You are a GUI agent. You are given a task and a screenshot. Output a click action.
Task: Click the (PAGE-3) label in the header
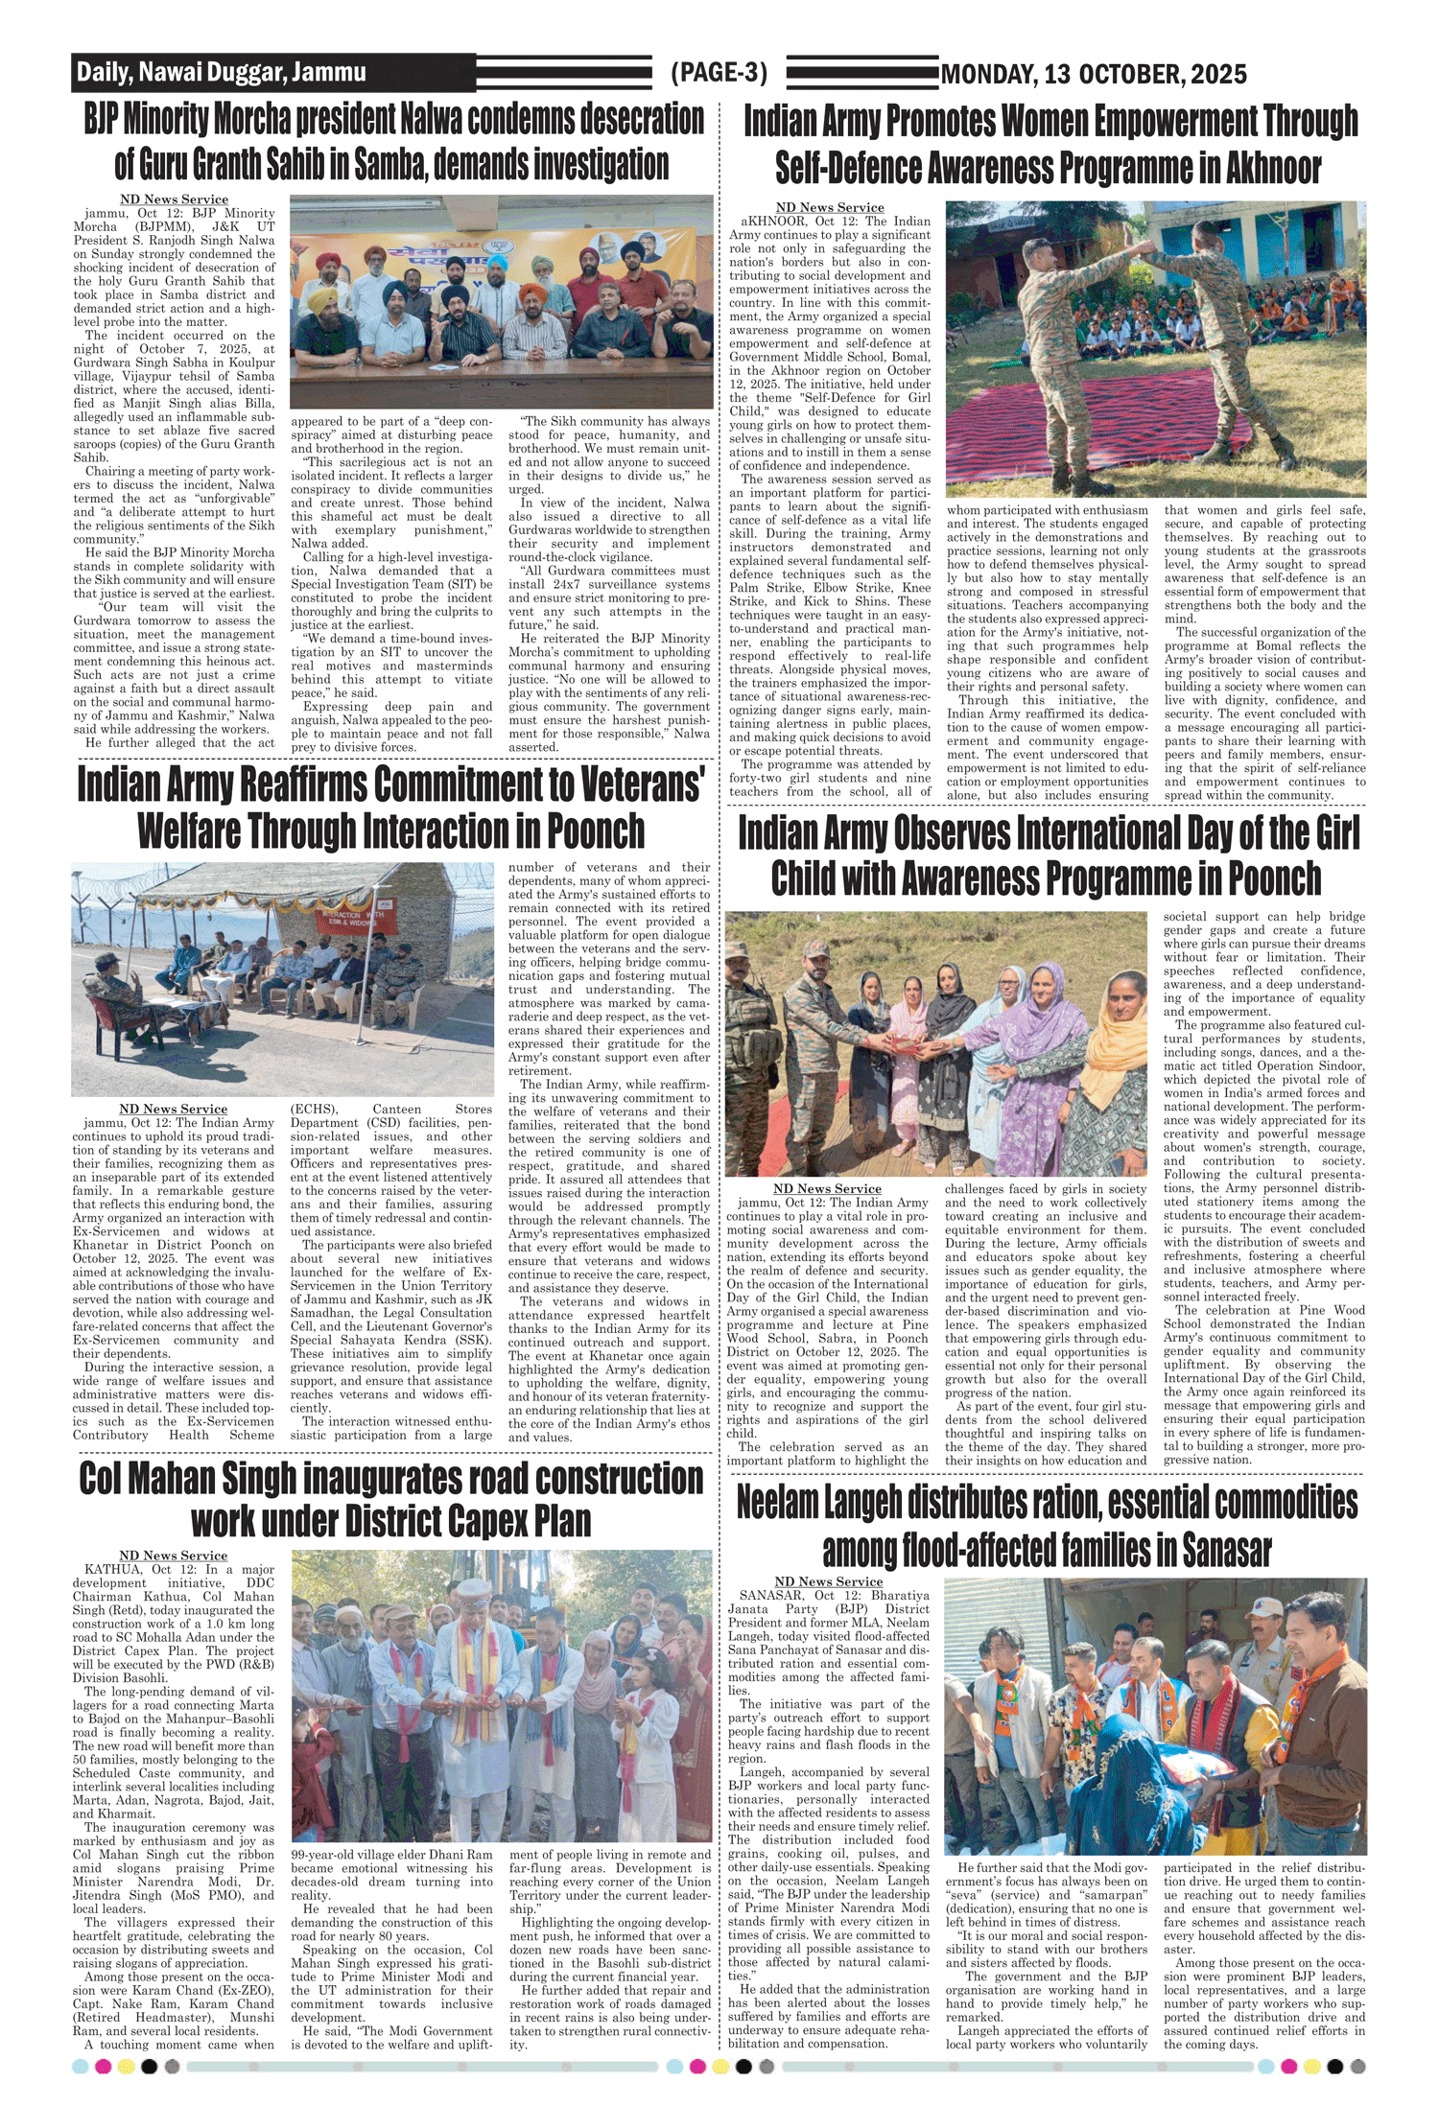coord(719,73)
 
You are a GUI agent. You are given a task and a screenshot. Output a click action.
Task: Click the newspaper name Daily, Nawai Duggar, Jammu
coord(222,73)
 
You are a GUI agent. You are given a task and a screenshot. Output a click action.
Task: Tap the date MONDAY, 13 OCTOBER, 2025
coord(1094,74)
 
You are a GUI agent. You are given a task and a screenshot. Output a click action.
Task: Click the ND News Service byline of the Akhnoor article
coord(830,207)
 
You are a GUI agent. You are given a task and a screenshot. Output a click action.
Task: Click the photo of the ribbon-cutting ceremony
coord(501,1699)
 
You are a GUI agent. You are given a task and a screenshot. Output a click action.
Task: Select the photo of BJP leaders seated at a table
coord(501,302)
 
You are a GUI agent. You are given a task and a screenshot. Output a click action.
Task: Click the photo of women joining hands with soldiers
coord(935,1043)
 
